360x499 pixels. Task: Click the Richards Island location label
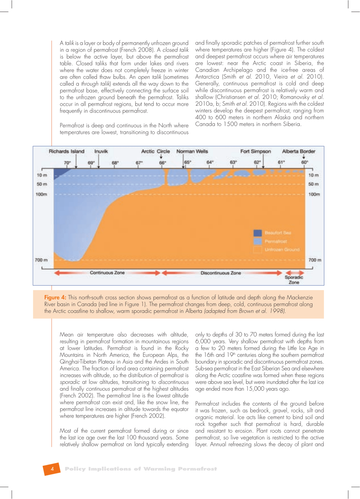[x=66, y=151]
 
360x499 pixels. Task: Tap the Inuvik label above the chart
[x=101, y=151]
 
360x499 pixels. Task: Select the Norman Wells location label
[x=192, y=151]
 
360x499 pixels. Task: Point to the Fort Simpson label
[x=255, y=151]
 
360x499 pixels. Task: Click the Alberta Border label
[x=299, y=151]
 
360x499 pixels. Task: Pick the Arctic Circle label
[x=155, y=151]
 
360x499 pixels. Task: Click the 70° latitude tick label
[x=67, y=163]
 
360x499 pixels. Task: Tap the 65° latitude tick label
[x=187, y=162]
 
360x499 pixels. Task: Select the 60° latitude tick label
[x=305, y=162]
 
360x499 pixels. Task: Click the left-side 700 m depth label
[x=41, y=260]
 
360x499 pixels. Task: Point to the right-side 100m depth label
[x=314, y=194]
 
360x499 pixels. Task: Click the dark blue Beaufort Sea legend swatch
[x=257, y=233]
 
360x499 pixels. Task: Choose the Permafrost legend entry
[x=275, y=241]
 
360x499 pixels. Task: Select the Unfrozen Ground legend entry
[x=282, y=250]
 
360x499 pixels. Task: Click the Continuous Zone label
[x=107, y=273]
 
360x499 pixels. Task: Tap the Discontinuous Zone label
[x=221, y=273]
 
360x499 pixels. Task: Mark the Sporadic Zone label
[x=294, y=280]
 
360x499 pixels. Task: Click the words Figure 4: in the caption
[x=55, y=297]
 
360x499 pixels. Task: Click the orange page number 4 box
[x=52, y=469]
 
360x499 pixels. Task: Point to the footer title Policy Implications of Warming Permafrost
[x=141, y=469]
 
